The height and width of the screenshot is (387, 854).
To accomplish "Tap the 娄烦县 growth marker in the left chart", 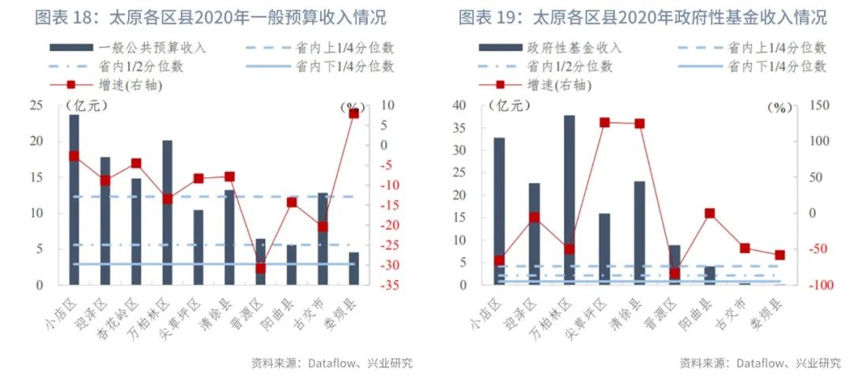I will [353, 113].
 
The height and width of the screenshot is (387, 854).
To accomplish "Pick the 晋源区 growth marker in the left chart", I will [260, 268].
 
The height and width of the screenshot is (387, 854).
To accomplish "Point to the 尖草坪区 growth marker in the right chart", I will [604, 123].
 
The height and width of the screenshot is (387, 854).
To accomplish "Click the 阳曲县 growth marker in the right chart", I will [709, 213].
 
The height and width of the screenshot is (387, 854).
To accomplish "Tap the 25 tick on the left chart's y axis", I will [36, 105].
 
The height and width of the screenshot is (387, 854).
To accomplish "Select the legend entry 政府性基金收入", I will [575, 48].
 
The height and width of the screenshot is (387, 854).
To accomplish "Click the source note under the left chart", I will [331, 363].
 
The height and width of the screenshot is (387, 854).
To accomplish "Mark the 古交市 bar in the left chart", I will [323, 238].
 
